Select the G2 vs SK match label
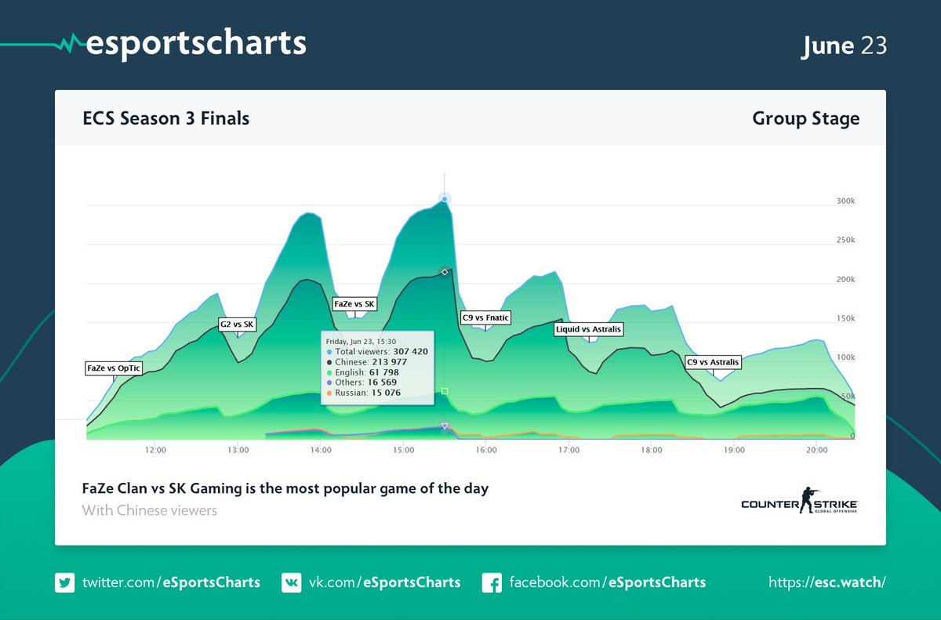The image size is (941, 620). tap(237, 325)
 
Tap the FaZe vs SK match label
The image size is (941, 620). tap(354, 303)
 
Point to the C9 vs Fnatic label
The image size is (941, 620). tap(485, 317)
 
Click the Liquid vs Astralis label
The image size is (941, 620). tap(588, 329)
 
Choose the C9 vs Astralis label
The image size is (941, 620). tap(712, 362)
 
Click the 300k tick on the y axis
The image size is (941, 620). tap(845, 201)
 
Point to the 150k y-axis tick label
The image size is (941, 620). tap(845, 318)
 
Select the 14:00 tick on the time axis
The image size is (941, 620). tap(321, 451)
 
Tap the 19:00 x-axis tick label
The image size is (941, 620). tap(734, 451)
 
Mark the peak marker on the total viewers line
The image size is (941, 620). tap(445, 199)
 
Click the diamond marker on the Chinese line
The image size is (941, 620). tap(445, 272)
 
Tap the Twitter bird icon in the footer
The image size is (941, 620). tap(64, 582)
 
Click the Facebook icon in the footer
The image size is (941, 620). tap(492, 582)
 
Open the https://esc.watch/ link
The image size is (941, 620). tap(827, 582)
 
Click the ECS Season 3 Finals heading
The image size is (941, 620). tap(166, 119)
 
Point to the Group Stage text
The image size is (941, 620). tap(805, 119)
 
